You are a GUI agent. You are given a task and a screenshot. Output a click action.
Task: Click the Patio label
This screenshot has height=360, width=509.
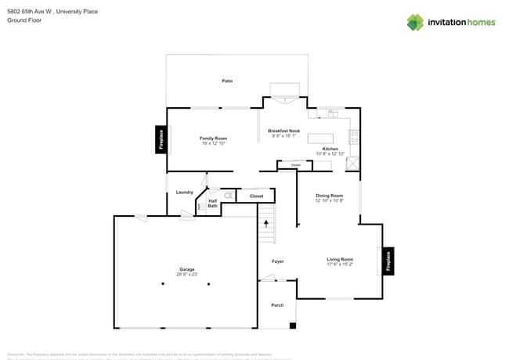pyautogui.click(x=227, y=81)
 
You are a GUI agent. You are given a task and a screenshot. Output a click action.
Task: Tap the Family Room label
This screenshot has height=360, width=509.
pyautogui.click(x=213, y=139)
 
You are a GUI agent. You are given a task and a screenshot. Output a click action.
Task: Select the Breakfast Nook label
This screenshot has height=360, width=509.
pyautogui.click(x=283, y=131)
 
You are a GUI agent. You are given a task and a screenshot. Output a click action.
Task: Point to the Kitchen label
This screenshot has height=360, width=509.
pyautogui.click(x=330, y=149)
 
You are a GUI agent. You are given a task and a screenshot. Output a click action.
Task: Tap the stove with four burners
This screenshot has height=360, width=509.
pyautogui.click(x=354, y=138)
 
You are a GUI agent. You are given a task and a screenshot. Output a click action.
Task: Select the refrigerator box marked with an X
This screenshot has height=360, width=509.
pyautogui.click(x=353, y=163)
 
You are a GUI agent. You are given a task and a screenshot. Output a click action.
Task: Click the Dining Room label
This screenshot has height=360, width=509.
pyautogui.click(x=329, y=196)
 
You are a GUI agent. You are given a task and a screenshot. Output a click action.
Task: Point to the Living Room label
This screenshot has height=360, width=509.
pyautogui.click(x=340, y=259)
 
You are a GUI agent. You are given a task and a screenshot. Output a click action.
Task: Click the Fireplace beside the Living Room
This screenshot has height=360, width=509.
pyautogui.click(x=387, y=261)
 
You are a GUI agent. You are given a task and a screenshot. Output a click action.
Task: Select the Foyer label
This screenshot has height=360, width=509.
pyautogui.click(x=277, y=261)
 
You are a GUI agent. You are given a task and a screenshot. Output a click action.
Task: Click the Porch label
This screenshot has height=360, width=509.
pyautogui.click(x=277, y=304)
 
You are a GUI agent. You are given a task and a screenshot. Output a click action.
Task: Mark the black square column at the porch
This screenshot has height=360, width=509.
pyautogui.click(x=293, y=325)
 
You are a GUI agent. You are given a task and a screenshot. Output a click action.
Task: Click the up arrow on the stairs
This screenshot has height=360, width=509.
pyautogui.click(x=267, y=224)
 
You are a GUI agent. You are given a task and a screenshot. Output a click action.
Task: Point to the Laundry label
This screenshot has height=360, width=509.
pyautogui.click(x=185, y=192)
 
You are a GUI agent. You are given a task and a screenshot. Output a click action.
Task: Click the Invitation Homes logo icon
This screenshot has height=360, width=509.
pyautogui.click(x=415, y=22)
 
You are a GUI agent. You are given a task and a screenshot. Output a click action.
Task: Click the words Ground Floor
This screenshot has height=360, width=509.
pyautogui.click(x=24, y=20)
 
